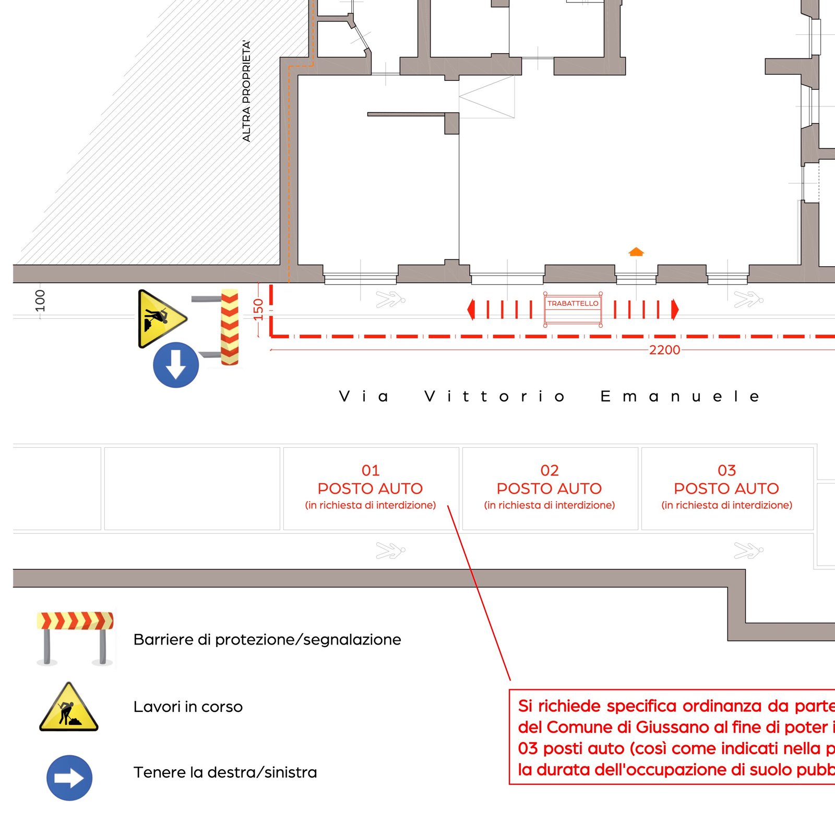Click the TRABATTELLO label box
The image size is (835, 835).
(x=572, y=304)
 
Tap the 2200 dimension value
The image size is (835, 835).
(x=664, y=350)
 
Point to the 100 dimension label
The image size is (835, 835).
(x=40, y=301)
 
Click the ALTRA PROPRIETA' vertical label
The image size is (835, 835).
(x=246, y=91)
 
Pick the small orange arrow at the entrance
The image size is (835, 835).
(x=636, y=252)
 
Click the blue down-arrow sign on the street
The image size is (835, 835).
(x=176, y=365)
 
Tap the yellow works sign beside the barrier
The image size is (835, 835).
(x=159, y=318)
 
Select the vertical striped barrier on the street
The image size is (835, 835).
(x=230, y=327)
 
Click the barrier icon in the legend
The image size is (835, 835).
(x=75, y=638)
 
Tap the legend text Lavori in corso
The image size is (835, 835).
(x=188, y=707)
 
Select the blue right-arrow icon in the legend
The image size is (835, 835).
(x=69, y=778)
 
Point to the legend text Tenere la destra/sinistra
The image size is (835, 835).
(x=225, y=772)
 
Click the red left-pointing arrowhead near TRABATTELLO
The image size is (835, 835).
(x=471, y=309)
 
